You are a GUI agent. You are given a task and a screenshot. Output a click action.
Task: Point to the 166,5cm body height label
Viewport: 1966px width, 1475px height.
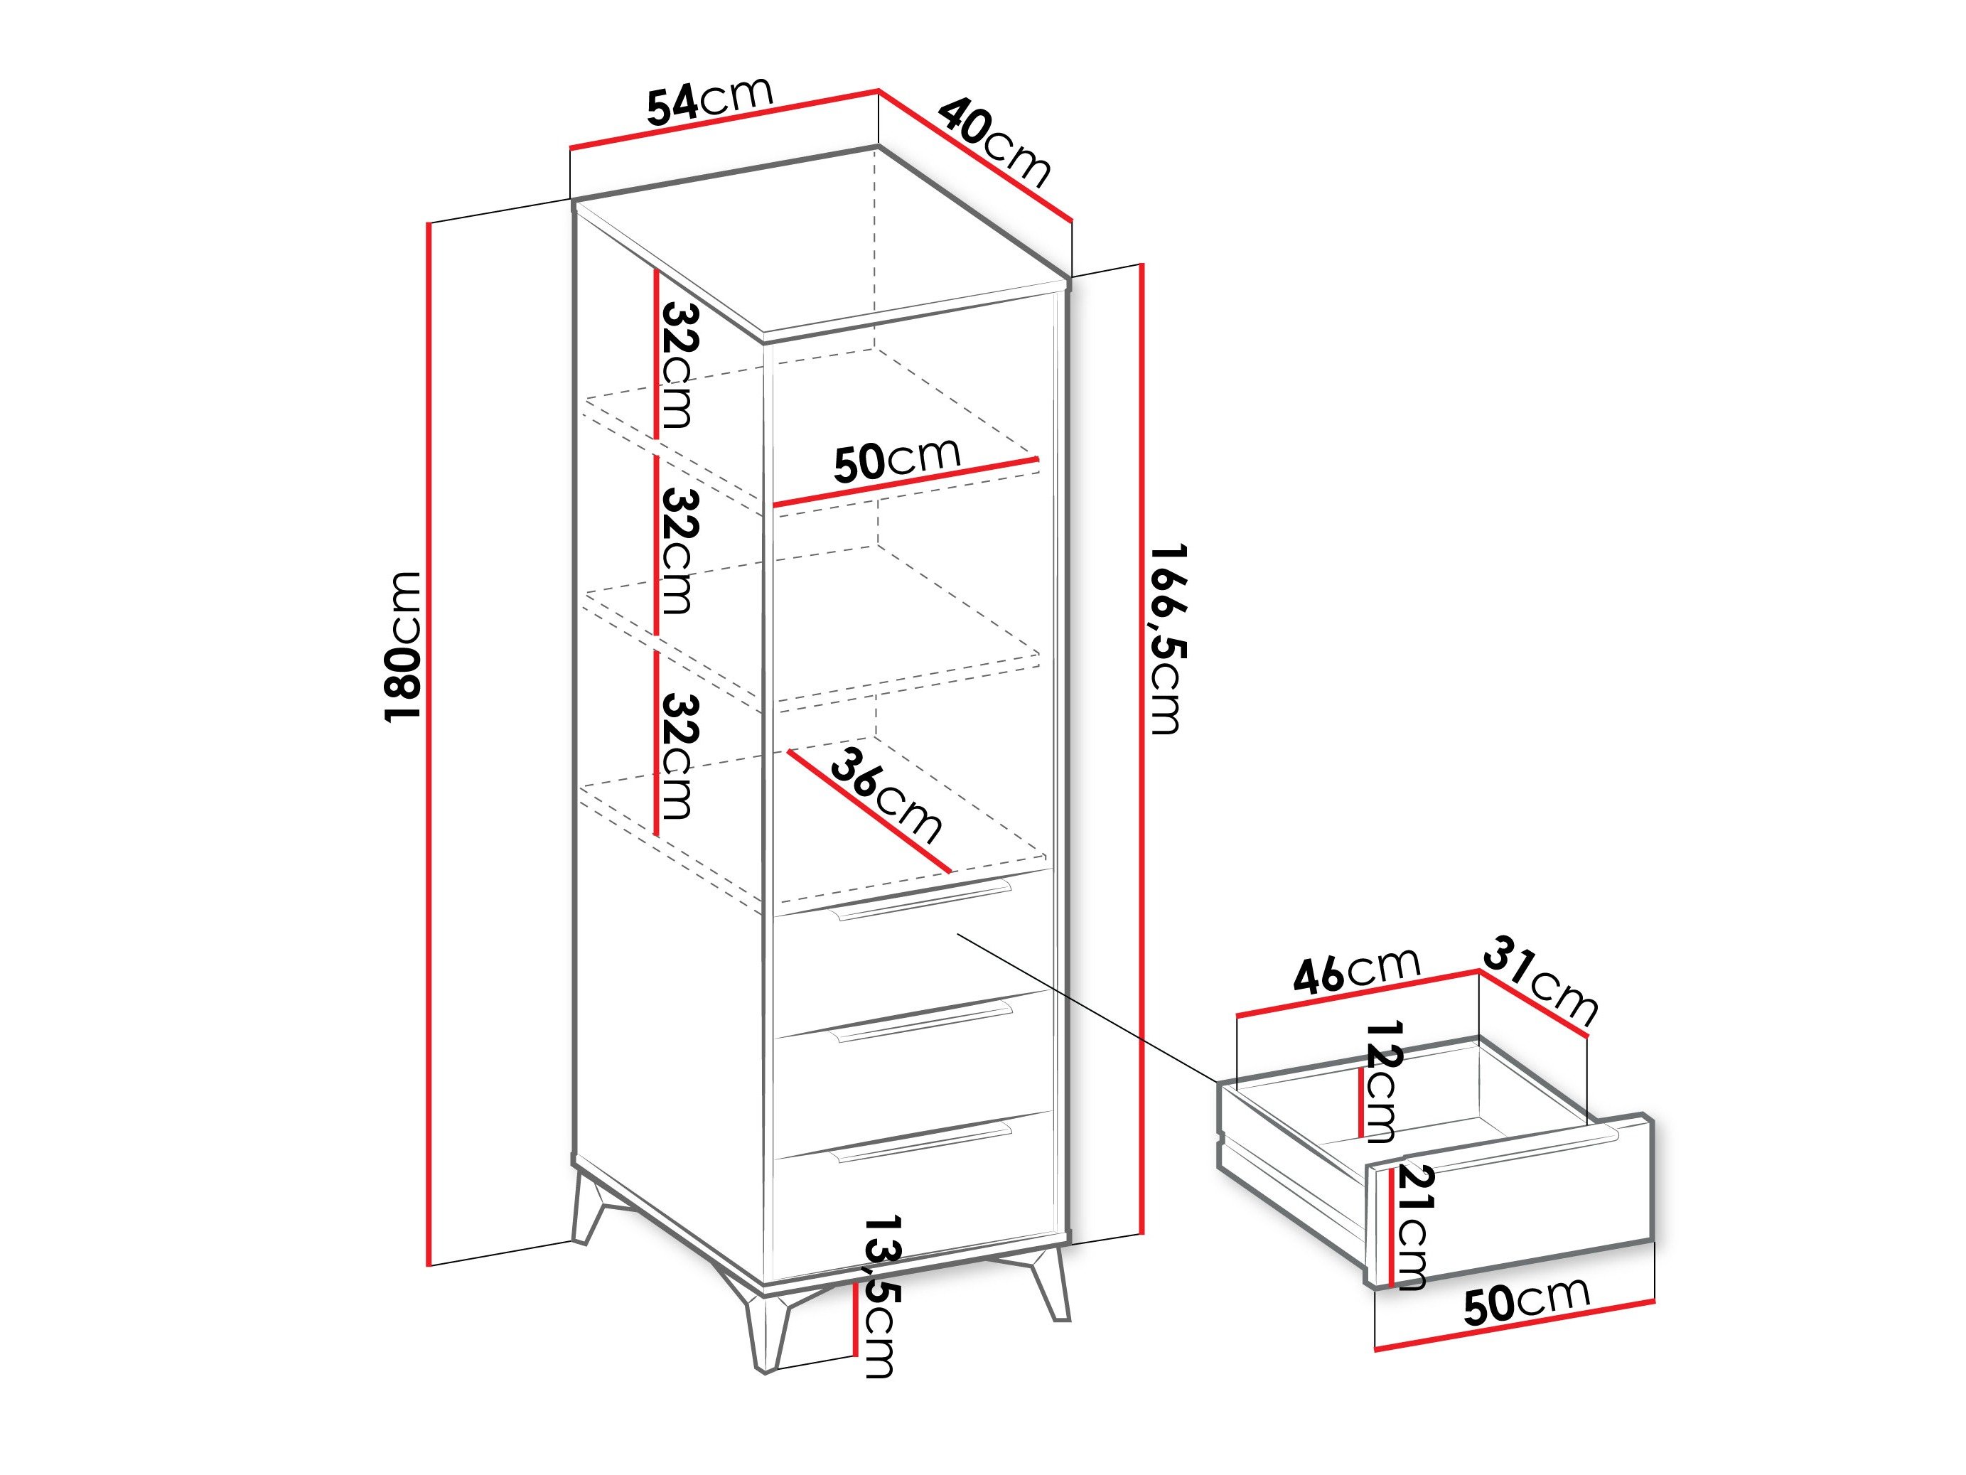(1165, 638)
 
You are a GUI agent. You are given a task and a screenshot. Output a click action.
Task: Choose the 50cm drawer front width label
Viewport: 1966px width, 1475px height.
(1526, 1301)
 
